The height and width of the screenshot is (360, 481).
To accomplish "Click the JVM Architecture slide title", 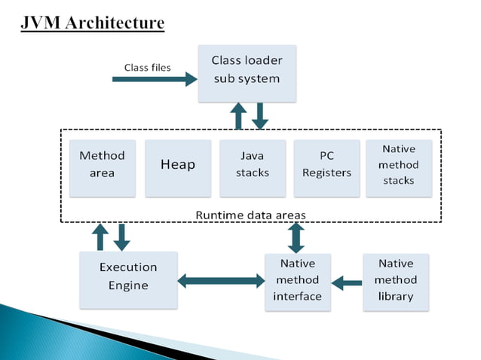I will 92,23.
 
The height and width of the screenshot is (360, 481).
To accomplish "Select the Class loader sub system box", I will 245,72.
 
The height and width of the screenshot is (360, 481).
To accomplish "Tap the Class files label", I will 147,67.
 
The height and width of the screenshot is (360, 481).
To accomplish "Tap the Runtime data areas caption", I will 250,215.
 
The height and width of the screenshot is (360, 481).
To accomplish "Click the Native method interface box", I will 297,279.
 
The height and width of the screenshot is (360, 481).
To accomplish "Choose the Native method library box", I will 396,279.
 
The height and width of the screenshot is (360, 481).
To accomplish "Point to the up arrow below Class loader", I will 238,116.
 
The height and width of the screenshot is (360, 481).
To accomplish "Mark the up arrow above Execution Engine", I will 100,236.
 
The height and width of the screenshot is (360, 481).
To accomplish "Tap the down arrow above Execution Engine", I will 121,236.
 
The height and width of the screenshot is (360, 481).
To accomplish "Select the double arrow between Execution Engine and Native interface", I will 221,281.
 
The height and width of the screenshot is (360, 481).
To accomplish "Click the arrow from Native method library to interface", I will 347,283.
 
